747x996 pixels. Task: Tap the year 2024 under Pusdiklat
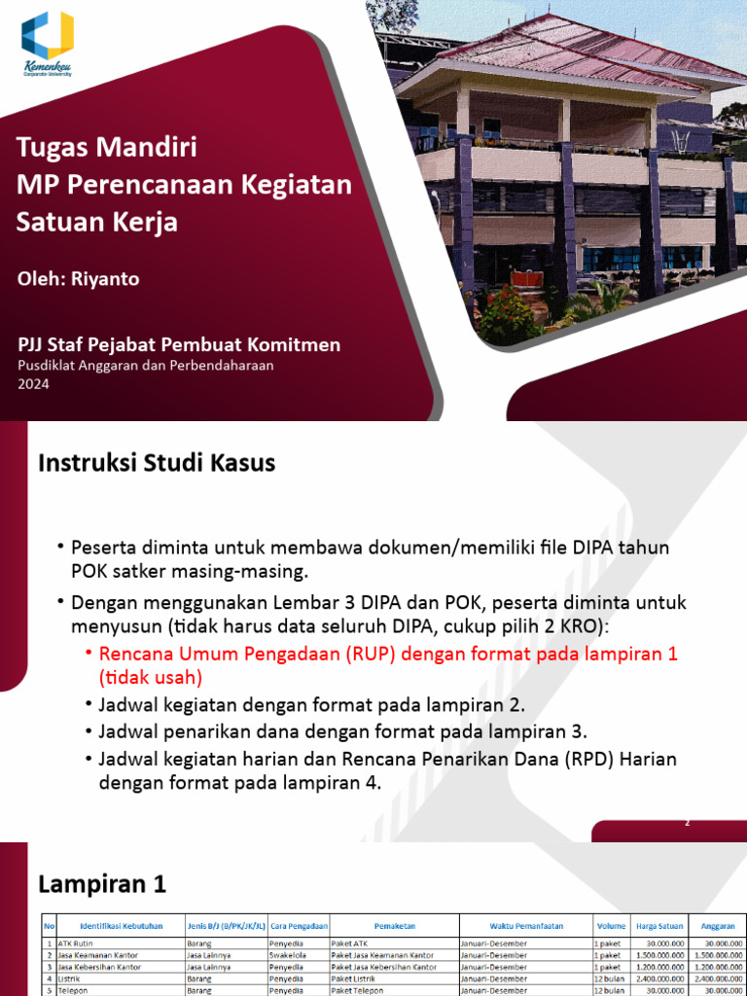[x=33, y=383]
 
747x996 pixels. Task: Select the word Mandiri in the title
[x=148, y=149]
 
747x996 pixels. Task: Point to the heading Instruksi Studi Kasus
[x=157, y=464]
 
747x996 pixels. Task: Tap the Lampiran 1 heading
[x=102, y=884]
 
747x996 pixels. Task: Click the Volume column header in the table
[x=611, y=926]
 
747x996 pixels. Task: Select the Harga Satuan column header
[x=658, y=926]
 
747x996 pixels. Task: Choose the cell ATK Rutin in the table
[x=78, y=943]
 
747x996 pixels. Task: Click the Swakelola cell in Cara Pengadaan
[x=290, y=955]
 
